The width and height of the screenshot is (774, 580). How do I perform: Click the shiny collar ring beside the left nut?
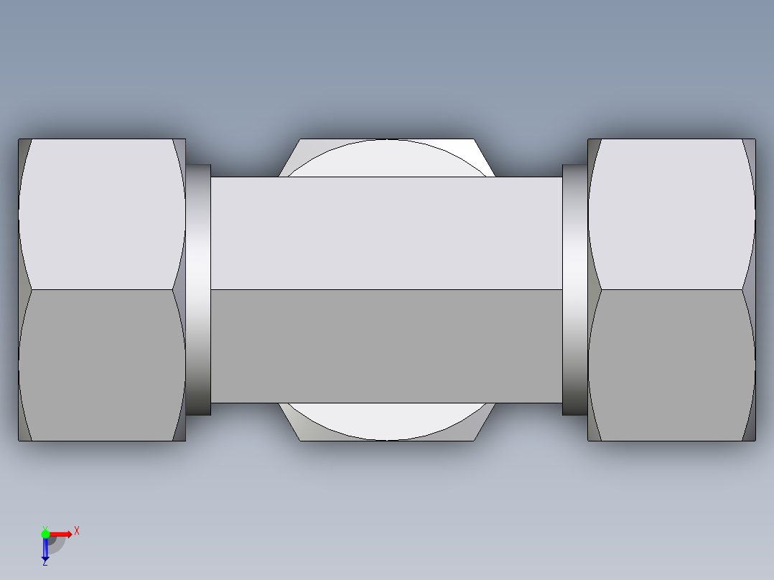[199, 289]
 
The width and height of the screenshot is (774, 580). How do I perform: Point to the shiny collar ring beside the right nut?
[574, 289]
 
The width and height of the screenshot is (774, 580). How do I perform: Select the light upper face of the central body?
[386, 233]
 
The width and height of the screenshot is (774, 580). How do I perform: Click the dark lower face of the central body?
[386, 346]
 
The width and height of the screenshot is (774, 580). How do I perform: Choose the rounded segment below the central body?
[386, 421]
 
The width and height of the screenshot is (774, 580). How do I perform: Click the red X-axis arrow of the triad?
[62, 533]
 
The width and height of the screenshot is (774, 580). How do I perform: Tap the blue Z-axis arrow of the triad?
[45, 548]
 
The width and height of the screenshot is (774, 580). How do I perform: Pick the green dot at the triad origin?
[45, 533]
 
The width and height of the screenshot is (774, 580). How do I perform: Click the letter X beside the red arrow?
[77, 530]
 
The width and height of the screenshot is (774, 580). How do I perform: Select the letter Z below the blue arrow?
[45, 563]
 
